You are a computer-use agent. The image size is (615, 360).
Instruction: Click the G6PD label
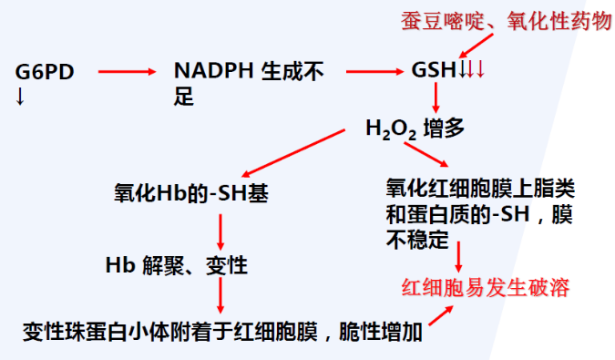(x=45, y=70)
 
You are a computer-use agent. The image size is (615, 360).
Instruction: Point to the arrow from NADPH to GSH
(x=375, y=70)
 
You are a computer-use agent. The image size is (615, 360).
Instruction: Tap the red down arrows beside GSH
(x=474, y=70)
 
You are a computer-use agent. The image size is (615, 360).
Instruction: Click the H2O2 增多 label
(x=415, y=129)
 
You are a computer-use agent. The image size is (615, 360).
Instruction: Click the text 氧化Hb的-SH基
(x=190, y=193)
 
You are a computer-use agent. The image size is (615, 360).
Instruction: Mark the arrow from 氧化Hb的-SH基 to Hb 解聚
(x=220, y=232)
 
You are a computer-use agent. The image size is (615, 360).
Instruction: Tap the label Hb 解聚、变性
(x=176, y=266)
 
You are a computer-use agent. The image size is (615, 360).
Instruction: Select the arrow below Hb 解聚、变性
(x=220, y=299)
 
